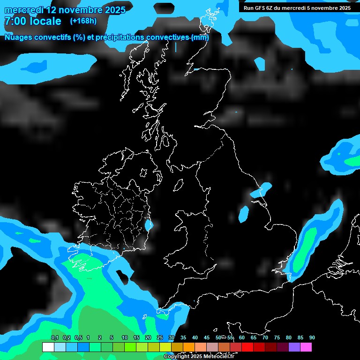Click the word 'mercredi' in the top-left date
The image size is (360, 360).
point(23,9)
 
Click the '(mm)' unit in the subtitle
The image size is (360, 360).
point(200,37)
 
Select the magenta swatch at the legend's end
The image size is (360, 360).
point(306,347)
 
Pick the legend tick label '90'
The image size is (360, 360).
point(312,337)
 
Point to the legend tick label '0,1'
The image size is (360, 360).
point(55,337)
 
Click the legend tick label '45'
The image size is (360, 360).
point(207,337)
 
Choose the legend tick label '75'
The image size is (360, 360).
point(277,337)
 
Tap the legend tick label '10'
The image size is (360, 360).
point(125,337)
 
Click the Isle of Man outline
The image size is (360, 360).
point(178,186)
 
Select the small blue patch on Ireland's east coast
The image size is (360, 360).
point(149,225)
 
